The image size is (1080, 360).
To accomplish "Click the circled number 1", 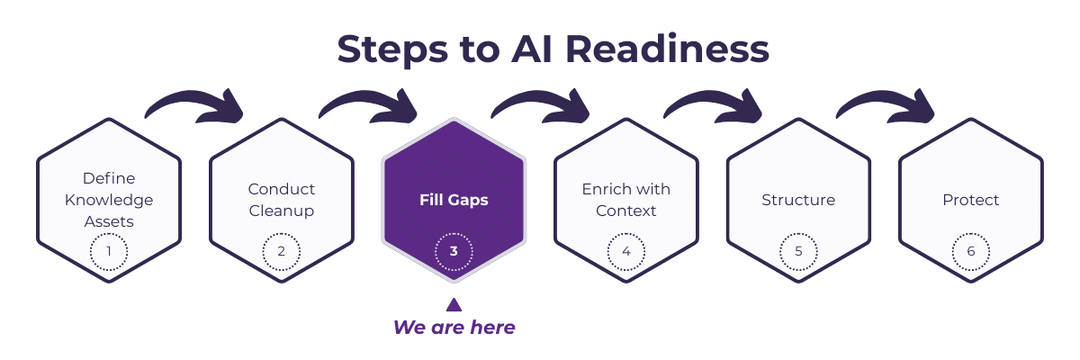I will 109,251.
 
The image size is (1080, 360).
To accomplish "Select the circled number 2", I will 282,251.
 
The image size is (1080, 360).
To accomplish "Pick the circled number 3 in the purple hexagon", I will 454,251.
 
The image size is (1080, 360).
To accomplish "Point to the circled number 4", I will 626,251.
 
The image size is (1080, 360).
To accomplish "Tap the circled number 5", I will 798,251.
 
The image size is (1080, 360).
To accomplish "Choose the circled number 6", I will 971,251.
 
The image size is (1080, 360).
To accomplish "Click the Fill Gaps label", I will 454,200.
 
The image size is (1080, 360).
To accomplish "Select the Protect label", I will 971,200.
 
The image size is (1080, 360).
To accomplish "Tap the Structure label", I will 798,200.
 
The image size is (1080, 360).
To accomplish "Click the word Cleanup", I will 282,211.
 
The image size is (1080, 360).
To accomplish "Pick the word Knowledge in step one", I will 109,200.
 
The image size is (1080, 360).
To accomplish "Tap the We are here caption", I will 454,328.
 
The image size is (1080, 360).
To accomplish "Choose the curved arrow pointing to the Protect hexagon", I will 886,105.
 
